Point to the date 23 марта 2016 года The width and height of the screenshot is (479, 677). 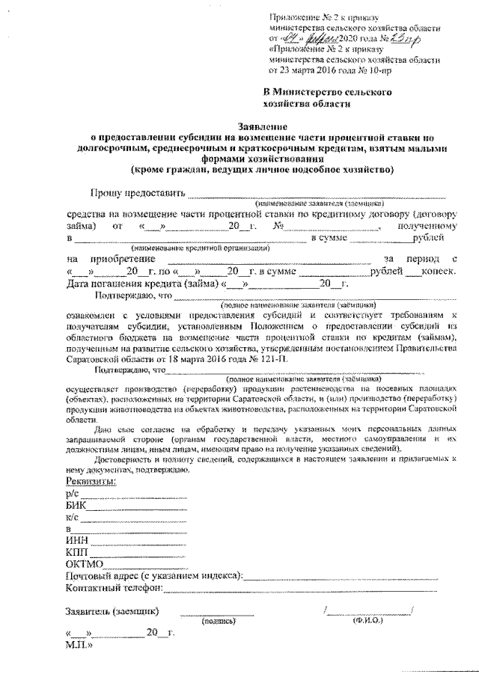click(315, 70)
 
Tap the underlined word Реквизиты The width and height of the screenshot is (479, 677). click(90, 484)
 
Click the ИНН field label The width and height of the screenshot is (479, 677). click(77, 540)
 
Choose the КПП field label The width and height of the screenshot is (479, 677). click(78, 551)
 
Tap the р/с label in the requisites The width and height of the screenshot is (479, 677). click(72, 495)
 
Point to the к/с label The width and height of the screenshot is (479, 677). click(72, 518)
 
